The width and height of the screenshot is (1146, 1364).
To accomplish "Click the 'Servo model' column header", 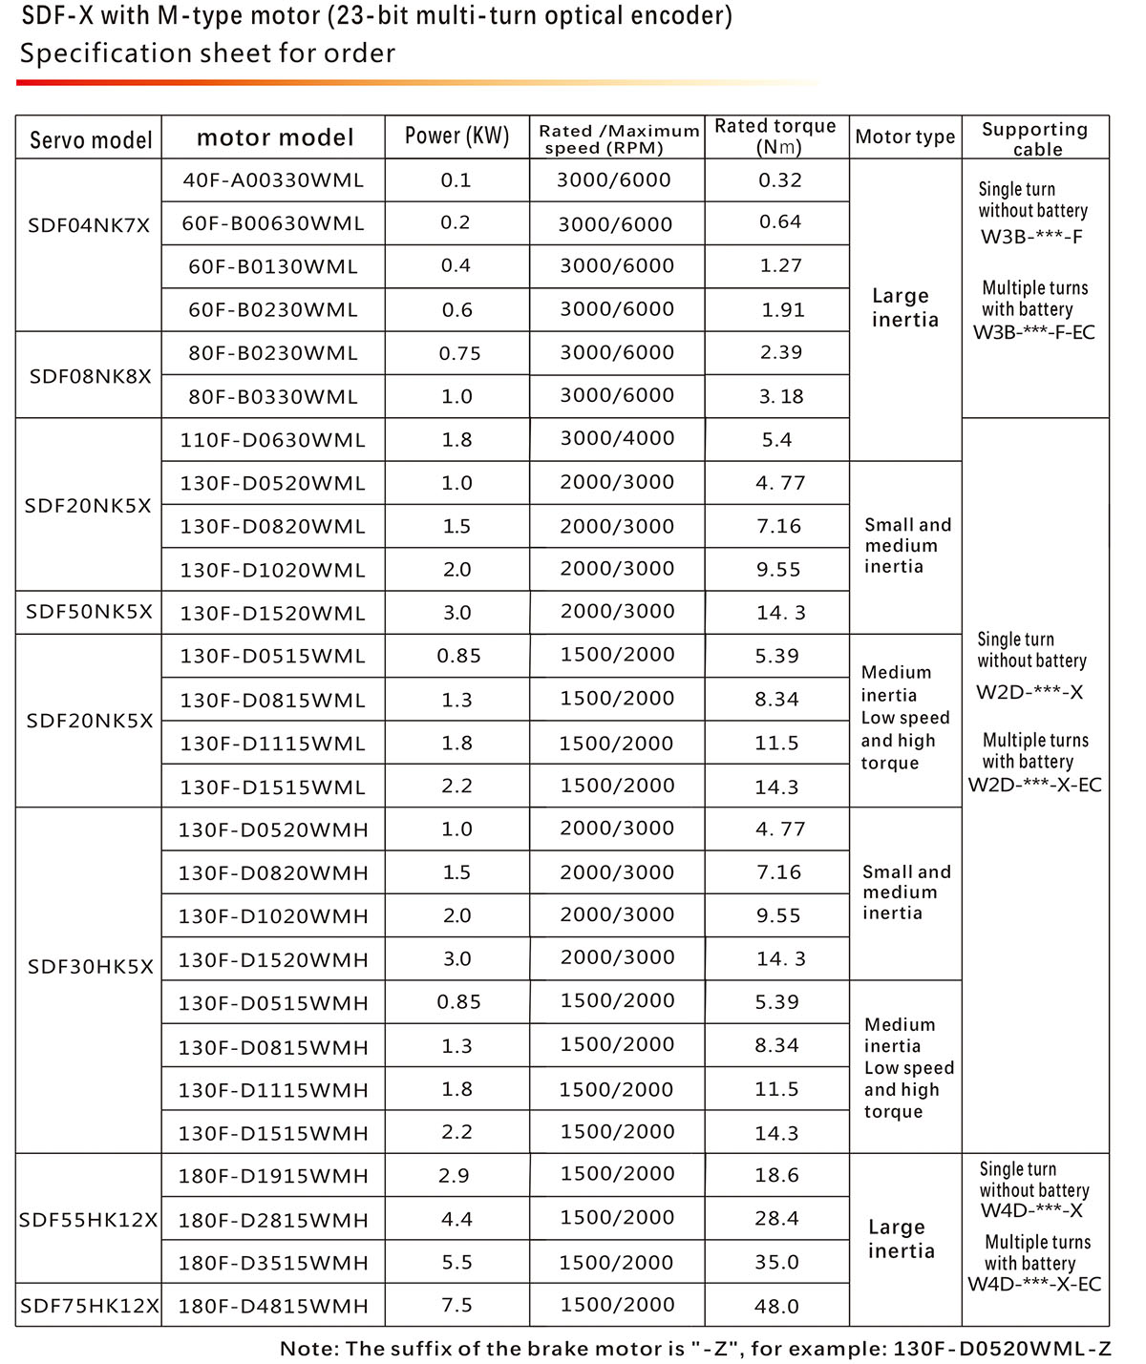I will tap(91, 140).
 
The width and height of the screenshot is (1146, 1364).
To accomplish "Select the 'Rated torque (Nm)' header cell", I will tap(775, 136).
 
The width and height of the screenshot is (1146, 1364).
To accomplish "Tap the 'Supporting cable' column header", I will tap(1035, 138).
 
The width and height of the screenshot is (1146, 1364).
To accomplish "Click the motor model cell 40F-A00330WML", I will tap(273, 180).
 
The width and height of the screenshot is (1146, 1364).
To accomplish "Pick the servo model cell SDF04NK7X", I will tap(89, 226).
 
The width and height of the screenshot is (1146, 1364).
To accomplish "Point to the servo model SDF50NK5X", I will tap(89, 612).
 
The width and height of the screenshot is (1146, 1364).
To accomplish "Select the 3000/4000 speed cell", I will tap(617, 439).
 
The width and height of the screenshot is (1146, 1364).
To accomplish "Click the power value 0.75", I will tap(459, 353).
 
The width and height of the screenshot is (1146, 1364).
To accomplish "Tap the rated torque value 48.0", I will tap(776, 1306).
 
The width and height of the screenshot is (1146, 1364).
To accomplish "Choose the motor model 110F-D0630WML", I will tap(273, 440).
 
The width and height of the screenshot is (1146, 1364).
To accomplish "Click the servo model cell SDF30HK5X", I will tap(90, 967).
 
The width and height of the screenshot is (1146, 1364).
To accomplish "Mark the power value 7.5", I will tap(456, 1305).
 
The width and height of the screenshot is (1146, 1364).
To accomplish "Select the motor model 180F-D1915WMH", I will tap(273, 1176).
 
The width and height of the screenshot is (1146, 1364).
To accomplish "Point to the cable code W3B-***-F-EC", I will tap(1034, 333).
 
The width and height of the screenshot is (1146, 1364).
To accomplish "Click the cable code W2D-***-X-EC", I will tap(1034, 786).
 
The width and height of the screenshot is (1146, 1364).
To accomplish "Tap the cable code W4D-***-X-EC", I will tap(1034, 1284).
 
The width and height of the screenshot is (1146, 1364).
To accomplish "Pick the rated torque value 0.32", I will tap(780, 180).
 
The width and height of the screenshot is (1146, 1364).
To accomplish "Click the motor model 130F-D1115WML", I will tap(273, 744).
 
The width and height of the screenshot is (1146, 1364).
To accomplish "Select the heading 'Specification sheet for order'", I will tap(207, 53).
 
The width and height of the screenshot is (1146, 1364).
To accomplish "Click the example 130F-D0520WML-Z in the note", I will tap(1002, 1349).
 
